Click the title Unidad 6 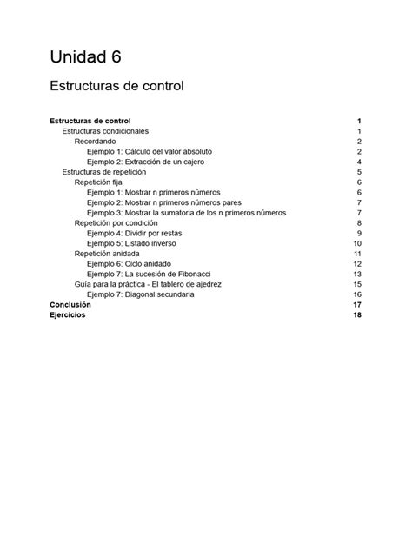click(x=84, y=57)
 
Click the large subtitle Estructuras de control click(x=116, y=87)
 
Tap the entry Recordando click(x=95, y=141)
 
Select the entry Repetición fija click(x=98, y=182)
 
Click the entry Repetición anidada click(x=108, y=254)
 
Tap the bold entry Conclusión click(x=70, y=305)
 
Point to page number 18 click(x=356, y=315)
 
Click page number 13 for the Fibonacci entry click(x=356, y=274)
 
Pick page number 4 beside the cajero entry click(x=358, y=162)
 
